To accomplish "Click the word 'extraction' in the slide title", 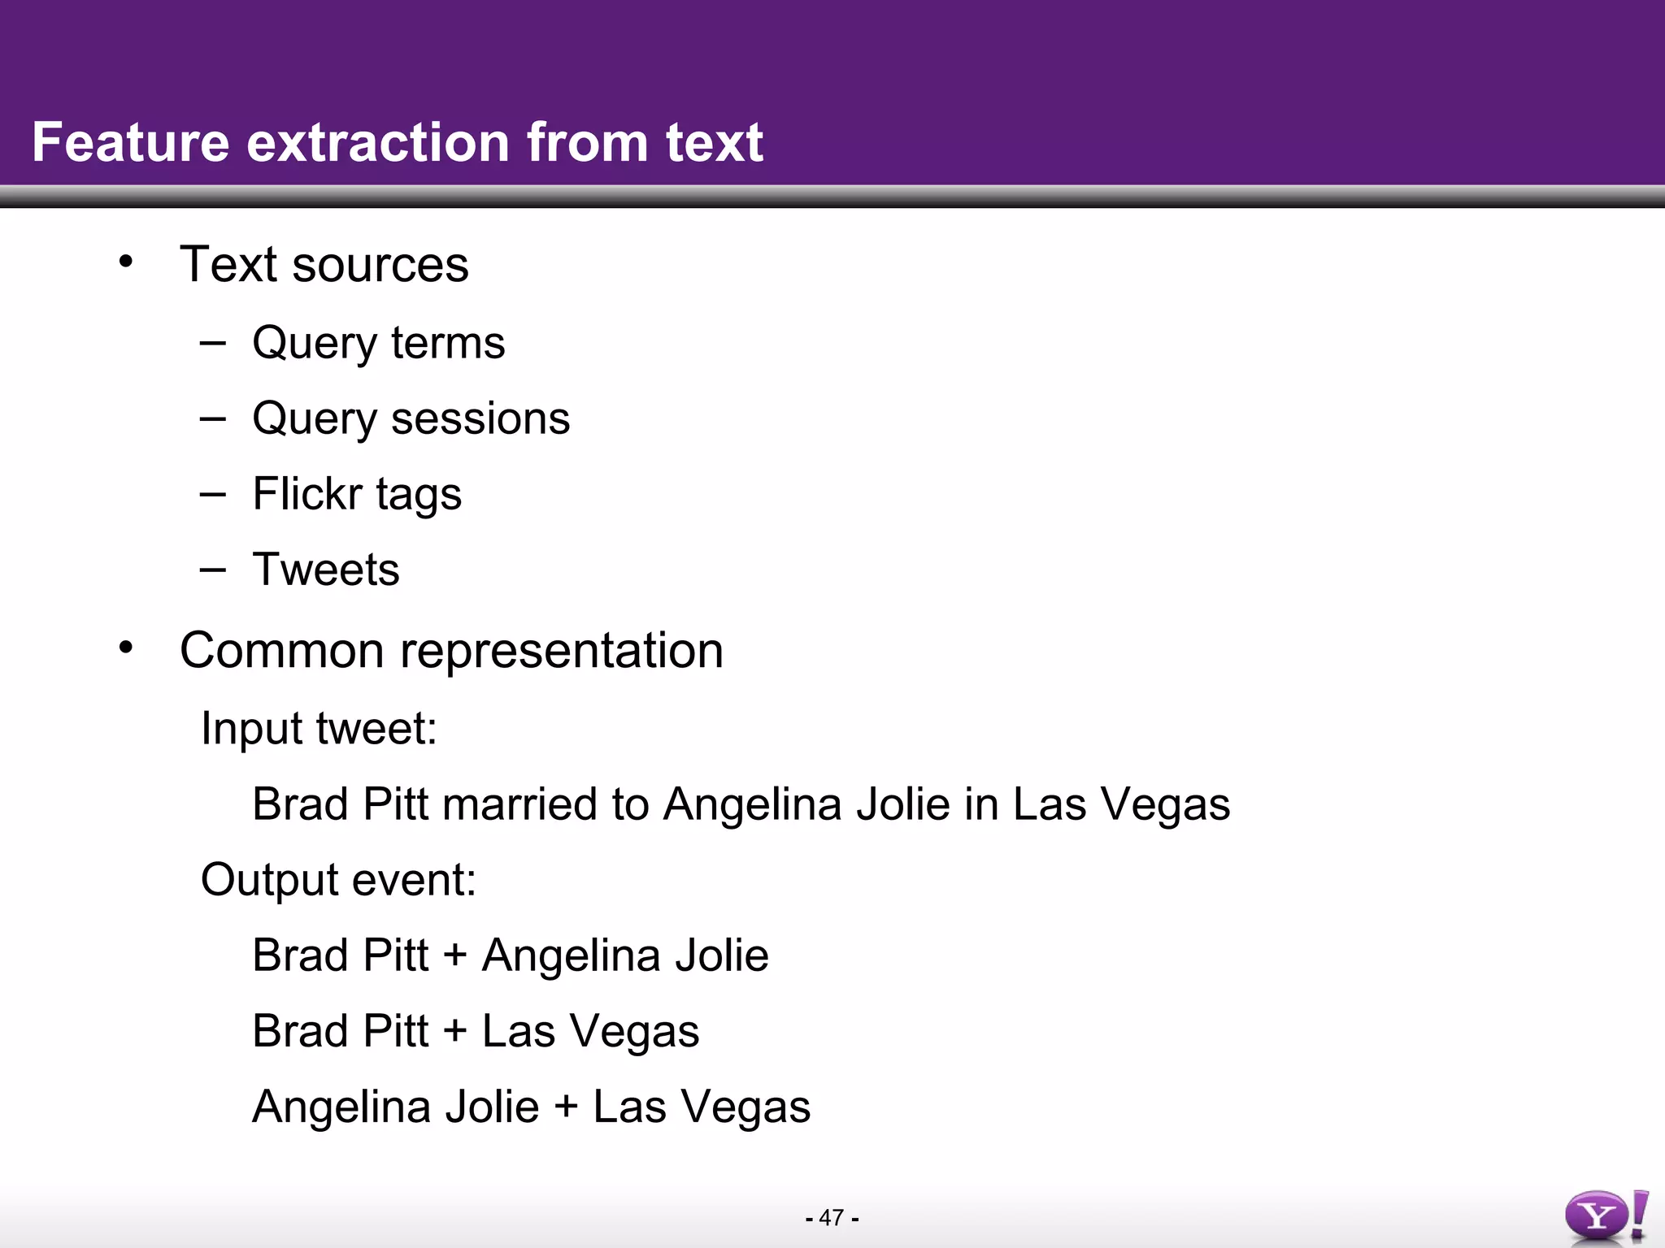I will pyautogui.click(x=379, y=143).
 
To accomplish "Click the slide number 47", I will pyautogui.click(x=831, y=1218).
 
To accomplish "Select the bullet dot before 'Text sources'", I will pyautogui.click(x=125, y=262).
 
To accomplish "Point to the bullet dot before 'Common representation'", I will pyautogui.click(x=125, y=648).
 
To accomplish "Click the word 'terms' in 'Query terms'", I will pyautogui.click(x=447, y=343).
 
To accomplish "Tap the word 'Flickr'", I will pyautogui.click(x=306, y=494).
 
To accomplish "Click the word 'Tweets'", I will pyautogui.click(x=325, y=570).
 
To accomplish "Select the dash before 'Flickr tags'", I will pyautogui.click(x=212, y=493).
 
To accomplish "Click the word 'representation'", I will pyautogui.click(x=561, y=651).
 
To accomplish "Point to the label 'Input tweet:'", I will pyautogui.click(x=319, y=728).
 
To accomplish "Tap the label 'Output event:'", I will pyautogui.click(x=338, y=880).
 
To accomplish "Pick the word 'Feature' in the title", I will pyautogui.click(x=130, y=143).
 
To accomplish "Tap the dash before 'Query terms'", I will pyautogui.click(x=212, y=342).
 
